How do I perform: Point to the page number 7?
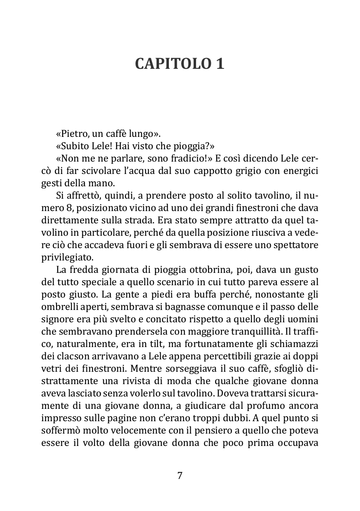pos(180,475)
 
